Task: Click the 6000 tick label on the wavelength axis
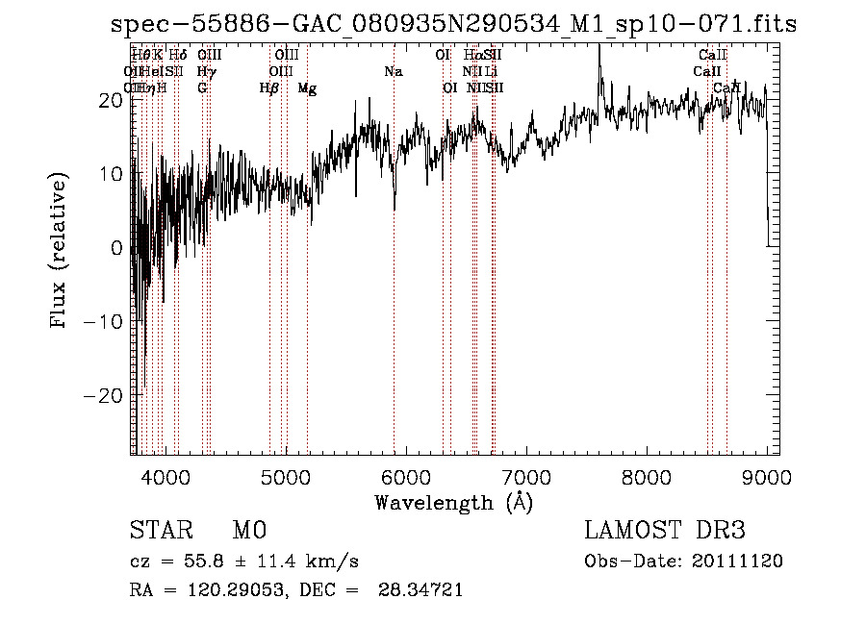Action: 405,478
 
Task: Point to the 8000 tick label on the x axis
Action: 646,478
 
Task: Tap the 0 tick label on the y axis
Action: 117,248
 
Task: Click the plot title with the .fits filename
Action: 453,24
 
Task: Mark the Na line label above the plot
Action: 393,71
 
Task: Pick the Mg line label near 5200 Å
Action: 307,88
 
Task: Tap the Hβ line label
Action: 269,88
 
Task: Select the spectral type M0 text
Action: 248,531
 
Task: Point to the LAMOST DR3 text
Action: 665,531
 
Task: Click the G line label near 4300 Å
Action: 202,88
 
